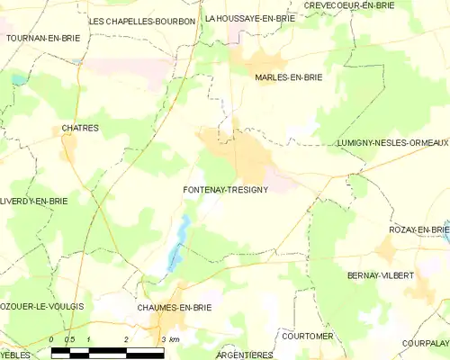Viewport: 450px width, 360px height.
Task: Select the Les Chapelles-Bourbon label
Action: pyautogui.click(x=142, y=20)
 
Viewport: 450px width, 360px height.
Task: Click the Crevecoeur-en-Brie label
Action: pyautogui.click(x=349, y=5)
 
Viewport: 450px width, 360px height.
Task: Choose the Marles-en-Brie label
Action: pyautogui.click(x=288, y=77)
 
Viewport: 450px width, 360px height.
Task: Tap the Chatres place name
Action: pyautogui.click(x=80, y=128)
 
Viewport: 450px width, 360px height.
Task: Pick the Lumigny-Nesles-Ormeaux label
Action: pyautogui.click(x=391, y=142)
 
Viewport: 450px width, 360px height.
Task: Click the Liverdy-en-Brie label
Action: pyautogui.click(x=34, y=202)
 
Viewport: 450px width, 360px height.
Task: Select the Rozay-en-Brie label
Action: pyautogui.click(x=418, y=230)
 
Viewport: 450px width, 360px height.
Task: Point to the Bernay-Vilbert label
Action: pyautogui.click(x=380, y=274)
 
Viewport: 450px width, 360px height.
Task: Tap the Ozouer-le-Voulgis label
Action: pyautogui.click(x=42, y=307)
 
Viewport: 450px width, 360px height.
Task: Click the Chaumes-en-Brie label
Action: pyautogui.click(x=173, y=308)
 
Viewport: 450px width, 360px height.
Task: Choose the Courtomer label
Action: pyautogui.click(x=307, y=336)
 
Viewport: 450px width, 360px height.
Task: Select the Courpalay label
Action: pyautogui.click(x=426, y=343)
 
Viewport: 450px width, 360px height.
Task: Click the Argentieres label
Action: pyautogui.click(x=244, y=355)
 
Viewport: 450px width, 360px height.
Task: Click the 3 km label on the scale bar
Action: pyautogui.click(x=168, y=339)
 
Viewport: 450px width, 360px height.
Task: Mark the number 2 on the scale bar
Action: pyautogui.click(x=126, y=339)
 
